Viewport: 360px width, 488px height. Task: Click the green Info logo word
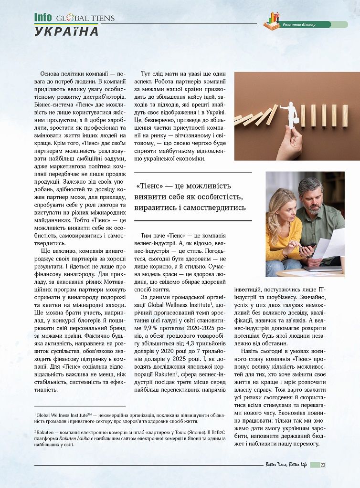click(42, 18)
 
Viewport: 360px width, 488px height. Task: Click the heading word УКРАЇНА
click(66, 32)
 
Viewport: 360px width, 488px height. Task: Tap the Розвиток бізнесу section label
click(299, 24)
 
